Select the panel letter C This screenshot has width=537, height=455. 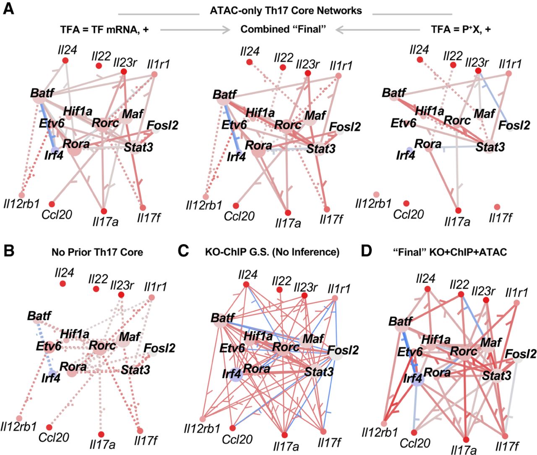183,251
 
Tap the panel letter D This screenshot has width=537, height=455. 366,251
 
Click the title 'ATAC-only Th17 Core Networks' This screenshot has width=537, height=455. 286,11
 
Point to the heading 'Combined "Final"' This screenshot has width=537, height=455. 283,29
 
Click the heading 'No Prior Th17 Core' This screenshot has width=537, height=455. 97,252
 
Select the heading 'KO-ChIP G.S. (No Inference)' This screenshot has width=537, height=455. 272,252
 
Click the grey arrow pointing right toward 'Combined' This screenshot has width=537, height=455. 196,29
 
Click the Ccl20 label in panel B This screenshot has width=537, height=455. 54,437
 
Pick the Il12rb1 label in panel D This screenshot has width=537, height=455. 379,432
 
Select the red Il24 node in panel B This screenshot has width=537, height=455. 63,284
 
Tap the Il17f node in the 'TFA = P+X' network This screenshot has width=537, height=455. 497,207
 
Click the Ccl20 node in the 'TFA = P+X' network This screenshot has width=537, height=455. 406,203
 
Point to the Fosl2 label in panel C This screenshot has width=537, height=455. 343,350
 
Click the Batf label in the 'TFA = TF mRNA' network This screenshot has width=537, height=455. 42,92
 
